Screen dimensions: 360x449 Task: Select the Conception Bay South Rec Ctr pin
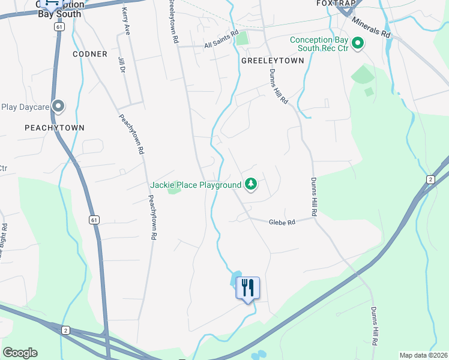(x=358, y=43)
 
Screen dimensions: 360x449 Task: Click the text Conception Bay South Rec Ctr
(x=319, y=44)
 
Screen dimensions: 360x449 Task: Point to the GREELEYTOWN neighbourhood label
(x=273, y=61)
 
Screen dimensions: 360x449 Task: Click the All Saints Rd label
(x=221, y=40)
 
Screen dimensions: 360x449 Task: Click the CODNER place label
(x=90, y=54)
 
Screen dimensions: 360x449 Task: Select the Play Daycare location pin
(x=58, y=107)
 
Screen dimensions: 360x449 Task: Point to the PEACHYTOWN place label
(x=55, y=128)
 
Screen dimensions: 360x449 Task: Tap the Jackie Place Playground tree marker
(x=252, y=184)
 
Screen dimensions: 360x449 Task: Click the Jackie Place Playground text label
(x=195, y=185)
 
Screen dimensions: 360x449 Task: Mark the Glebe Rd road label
(x=282, y=222)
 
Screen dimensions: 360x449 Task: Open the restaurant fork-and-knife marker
(x=247, y=288)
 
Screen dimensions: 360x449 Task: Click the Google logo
(x=20, y=353)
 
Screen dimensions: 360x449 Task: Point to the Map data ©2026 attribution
(x=423, y=355)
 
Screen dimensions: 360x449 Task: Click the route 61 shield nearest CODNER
(x=58, y=28)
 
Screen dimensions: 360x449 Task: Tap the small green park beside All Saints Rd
(x=242, y=40)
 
